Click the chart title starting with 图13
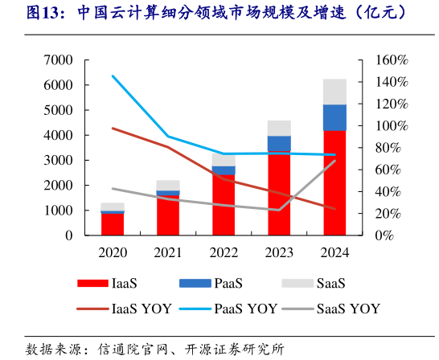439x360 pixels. pyautogui.click(x=217, y=14)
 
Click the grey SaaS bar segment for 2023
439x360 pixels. pyautogui.click(x=279, y=128)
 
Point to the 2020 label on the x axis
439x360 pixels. pyautogui.click(x=113, y=252)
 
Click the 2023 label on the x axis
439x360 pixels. pyautogui.click(x=279, y=252)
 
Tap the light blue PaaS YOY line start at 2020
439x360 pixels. pyautogui.click(x=113, y=76)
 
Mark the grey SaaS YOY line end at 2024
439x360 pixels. pyautogui.click(x=334, y=161)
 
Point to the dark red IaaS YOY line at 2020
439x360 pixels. pyautogui.click(x=113, y=128)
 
